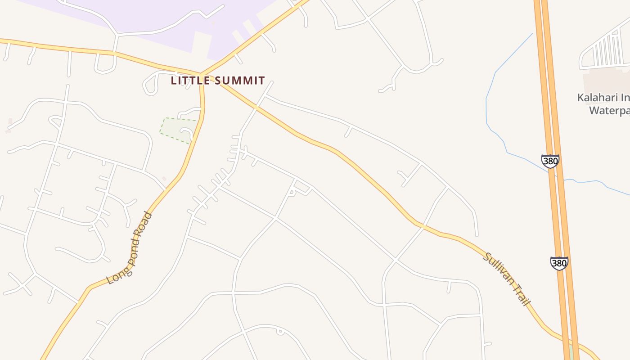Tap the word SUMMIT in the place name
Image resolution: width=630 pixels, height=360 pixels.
click(x=239, y=81)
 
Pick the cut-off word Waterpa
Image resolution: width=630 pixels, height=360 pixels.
click(x=609, y=110)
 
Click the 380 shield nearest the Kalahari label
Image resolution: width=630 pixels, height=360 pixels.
click(x=550, y=161)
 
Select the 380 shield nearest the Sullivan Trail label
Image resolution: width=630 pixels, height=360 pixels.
click(x=559, y=263)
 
